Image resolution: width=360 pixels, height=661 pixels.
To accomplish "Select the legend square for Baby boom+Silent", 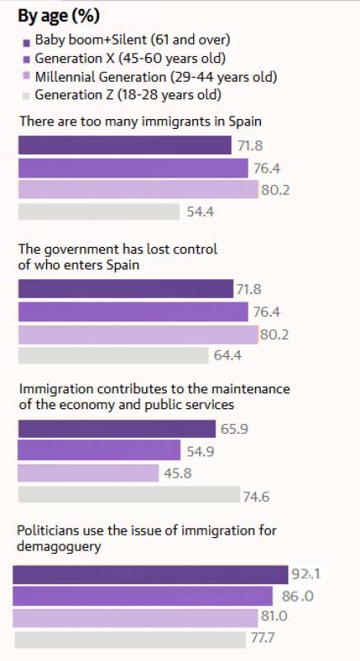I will pos(26,41).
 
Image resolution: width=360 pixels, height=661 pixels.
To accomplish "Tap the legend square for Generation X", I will pos(26,59).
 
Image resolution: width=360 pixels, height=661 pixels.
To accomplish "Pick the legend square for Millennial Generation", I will pos(26,78).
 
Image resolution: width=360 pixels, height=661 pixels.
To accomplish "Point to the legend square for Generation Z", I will pos(26,96).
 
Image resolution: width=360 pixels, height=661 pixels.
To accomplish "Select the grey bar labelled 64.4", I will pos(112,356).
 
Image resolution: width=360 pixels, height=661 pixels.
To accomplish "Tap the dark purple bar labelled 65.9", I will pos(116,429).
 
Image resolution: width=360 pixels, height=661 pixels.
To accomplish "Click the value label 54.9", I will pos(202,451).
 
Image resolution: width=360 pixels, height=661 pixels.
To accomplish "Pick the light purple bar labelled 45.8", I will pos(88,473).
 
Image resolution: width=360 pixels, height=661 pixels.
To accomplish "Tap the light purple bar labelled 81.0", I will pos(135,617).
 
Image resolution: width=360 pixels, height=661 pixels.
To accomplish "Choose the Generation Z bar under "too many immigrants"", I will pos(98,212).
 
